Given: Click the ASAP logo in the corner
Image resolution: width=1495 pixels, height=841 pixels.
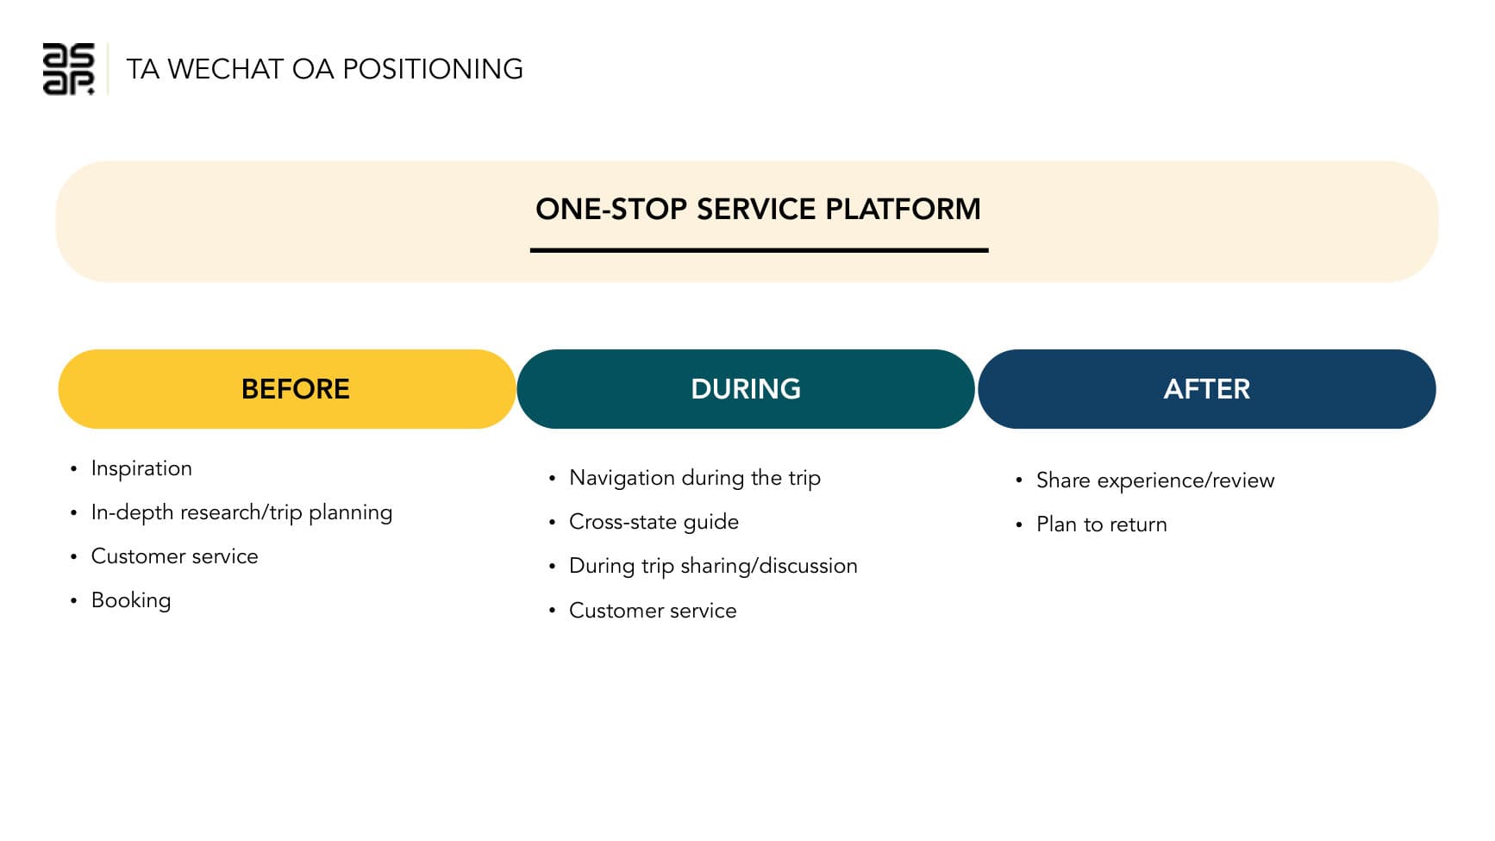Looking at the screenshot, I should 68,69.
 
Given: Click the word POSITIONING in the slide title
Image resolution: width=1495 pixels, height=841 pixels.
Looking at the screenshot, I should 433,69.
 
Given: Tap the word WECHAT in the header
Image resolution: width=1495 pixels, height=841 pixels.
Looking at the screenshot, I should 225,69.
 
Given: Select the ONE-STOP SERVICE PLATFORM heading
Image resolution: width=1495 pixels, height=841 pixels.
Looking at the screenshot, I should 758,210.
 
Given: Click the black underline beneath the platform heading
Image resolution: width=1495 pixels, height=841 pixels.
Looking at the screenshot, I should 759,250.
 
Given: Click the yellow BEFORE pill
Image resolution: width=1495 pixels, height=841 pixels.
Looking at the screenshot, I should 287,389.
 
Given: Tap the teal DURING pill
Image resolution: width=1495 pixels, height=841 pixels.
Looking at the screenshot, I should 746,389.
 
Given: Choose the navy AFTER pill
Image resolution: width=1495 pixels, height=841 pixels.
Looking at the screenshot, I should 1206,389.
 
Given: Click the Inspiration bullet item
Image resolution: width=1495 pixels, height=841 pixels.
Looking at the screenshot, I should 141,468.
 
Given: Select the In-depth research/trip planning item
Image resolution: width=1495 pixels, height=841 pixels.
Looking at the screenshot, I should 241,512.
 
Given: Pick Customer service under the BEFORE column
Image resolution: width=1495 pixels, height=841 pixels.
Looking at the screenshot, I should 174,556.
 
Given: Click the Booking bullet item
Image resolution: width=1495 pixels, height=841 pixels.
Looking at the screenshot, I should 131,600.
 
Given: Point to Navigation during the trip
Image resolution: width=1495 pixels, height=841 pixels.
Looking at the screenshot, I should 694,478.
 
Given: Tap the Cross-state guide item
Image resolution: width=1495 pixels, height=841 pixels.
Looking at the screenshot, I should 654,522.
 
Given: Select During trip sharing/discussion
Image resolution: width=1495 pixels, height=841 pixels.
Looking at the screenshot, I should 713,566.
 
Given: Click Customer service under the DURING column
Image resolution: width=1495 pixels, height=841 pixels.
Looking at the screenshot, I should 653,611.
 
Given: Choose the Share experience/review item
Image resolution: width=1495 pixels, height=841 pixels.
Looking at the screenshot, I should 1154,480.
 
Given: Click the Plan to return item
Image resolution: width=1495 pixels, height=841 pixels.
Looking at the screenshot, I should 1101,524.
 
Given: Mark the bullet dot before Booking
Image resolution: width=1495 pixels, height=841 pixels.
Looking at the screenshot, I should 73,601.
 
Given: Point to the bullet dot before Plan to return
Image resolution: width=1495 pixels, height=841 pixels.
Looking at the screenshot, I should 1018,525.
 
